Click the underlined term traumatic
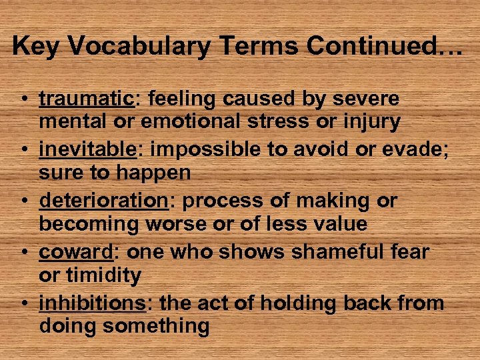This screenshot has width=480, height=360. [87, 99]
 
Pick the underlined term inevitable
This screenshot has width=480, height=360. [88, 150]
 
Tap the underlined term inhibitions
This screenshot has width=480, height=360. [92, 303]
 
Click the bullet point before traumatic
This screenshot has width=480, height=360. [23, 100]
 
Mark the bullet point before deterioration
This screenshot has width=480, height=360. [23, 202]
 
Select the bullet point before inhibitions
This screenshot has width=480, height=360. [23, 304]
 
